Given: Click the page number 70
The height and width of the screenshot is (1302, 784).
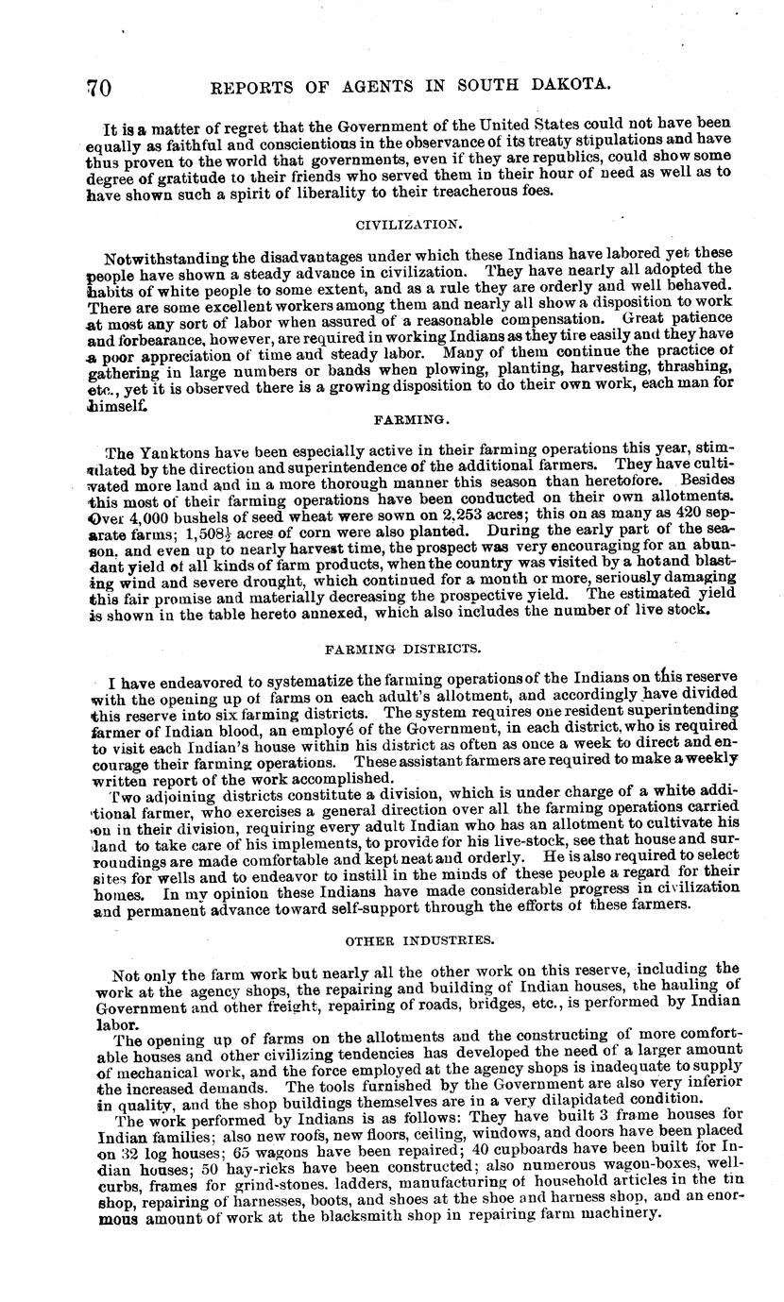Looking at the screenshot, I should coord(99,88).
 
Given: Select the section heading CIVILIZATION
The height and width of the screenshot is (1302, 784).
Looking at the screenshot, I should coord(395,225).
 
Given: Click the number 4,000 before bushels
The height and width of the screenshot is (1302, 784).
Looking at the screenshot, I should coord(145,516).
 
